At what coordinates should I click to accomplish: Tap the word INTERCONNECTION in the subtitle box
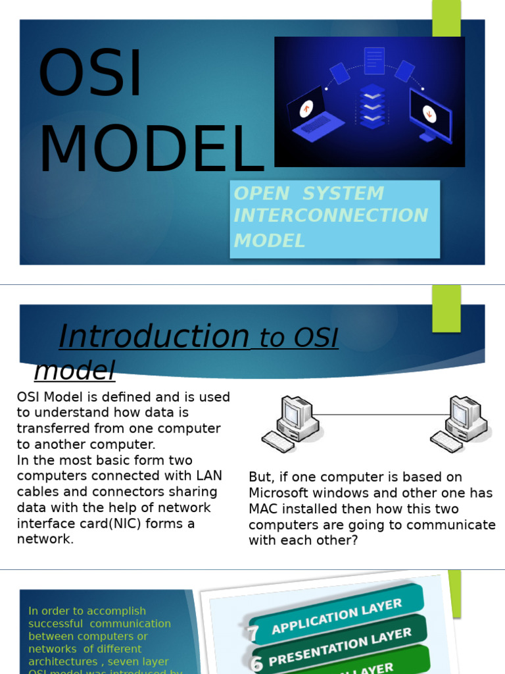point(331,216)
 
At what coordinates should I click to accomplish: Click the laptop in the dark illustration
point(315,115)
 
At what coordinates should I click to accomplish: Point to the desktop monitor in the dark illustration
point(430,113)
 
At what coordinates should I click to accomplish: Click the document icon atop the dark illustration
point(373,61)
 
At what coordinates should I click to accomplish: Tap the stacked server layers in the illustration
point(373,107)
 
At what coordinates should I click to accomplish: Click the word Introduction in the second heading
point(154,336)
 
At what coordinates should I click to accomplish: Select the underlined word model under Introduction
point(74,371)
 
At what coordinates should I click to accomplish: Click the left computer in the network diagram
point(291,423)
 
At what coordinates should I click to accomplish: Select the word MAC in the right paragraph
point(263,509)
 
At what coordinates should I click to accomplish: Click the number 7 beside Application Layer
point(253,633)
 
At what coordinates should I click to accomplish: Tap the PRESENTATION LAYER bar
point(339,646)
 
